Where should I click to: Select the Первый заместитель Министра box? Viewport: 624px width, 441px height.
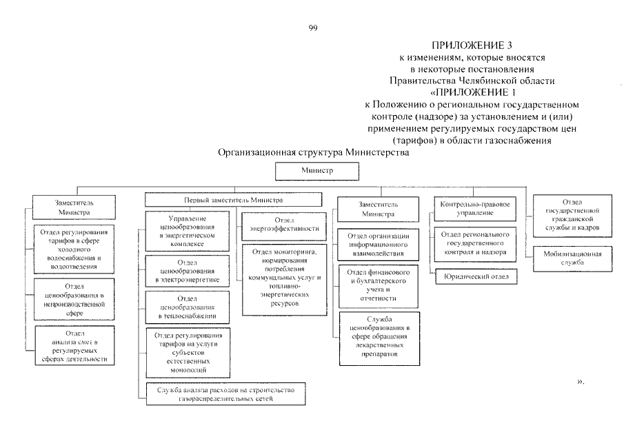coord(233,199)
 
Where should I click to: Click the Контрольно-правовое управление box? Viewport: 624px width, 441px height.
coord(474,209)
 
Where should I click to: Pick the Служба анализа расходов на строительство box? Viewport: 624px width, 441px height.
coord(226,394)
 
